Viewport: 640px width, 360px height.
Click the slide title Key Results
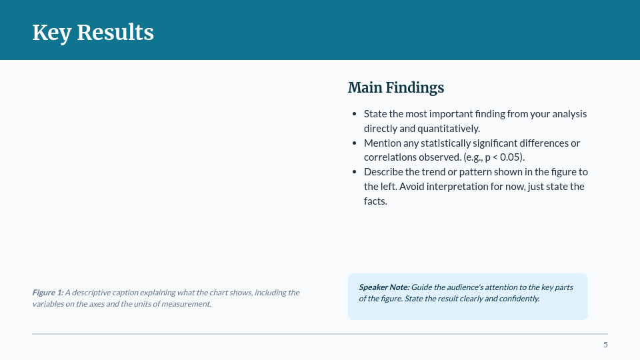(x=93, y=32)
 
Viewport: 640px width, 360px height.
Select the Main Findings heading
(x=395, y=87)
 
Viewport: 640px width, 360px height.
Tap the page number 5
(x=605, y=345)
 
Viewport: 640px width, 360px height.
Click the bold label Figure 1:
(x=47, y=293)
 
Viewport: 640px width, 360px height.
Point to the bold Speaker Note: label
(x=384, y=287)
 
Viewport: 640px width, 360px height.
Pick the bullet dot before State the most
(x=354, y=114)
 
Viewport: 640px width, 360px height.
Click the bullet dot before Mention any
(x=354, y=143)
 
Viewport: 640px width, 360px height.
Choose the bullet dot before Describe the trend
(x=354, y=172)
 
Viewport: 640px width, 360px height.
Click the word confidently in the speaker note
(x=517, y=299)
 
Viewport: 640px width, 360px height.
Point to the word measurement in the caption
(x=189, y=304)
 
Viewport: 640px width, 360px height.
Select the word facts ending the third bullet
(x=375, y=201)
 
